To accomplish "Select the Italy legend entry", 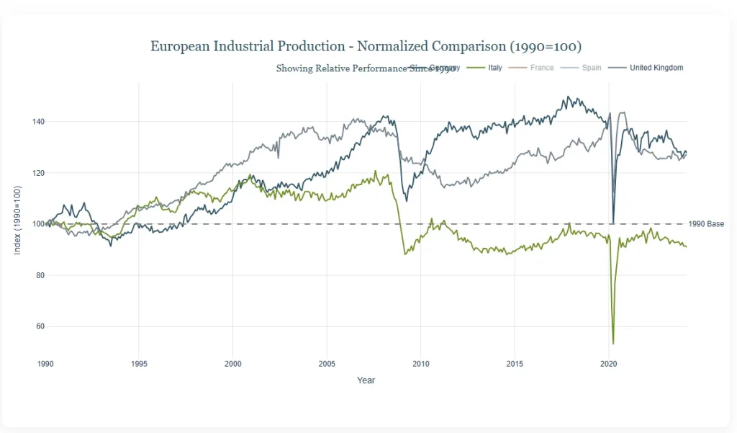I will tap(494, 68).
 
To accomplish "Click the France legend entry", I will tap(541, 68).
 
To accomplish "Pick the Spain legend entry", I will tap(591, 68).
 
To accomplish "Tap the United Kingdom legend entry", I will tap(656, 68).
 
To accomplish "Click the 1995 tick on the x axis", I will tap(139, 363).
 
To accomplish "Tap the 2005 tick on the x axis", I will tap(327, 363).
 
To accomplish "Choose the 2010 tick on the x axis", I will tap(421, 363).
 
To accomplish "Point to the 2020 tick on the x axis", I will tap(609, 363).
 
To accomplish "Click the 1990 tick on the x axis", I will tap(45, 363).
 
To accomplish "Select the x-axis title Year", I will tap(366, 380).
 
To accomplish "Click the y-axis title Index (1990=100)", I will tap(18, 220).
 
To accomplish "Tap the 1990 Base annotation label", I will tap(706, 224).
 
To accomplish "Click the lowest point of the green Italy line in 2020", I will tap(613, 344).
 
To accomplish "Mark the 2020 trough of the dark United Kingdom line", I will tap(613, 223).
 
